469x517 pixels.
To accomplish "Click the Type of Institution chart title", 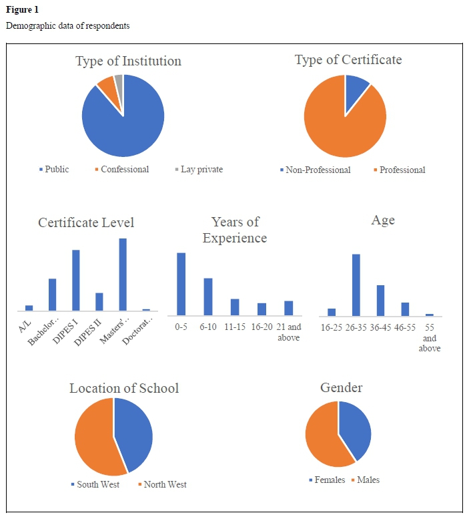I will coord(128,61).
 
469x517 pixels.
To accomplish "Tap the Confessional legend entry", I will coord(121,170).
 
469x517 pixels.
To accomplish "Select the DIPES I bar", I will coord(76,280).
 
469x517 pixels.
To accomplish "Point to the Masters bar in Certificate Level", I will coord(123,275).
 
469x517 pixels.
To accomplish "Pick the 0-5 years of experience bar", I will coord(181,283).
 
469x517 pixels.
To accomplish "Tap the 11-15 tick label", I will coord(235,327).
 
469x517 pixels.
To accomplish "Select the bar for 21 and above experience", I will coord(289,308).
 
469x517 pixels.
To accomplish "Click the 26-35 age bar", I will coord(356,285).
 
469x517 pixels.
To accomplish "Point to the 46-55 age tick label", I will coord(405,327).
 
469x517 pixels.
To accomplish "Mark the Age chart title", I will coord(383,221).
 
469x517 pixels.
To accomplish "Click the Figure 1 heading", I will coord(22,9).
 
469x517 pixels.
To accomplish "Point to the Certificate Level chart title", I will coord(86,222).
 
